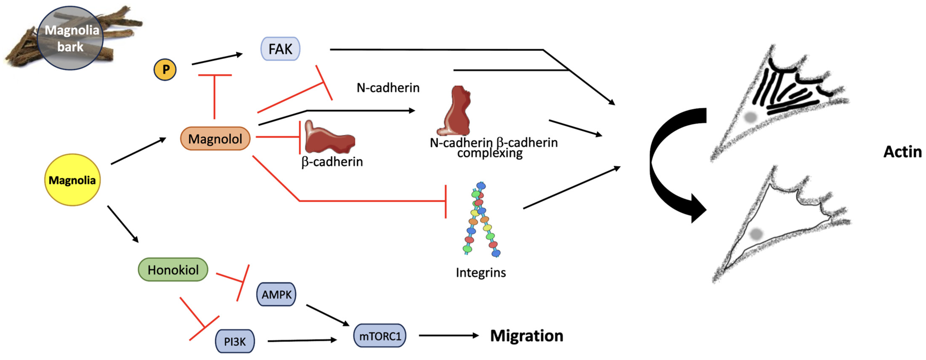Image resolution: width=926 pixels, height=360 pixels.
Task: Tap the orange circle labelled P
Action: [165, 70]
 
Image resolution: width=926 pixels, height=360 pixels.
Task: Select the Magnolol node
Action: [215, 139]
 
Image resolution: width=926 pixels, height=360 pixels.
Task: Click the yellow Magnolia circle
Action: [72, 180]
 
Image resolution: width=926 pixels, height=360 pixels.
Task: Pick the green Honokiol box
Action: [173, 269]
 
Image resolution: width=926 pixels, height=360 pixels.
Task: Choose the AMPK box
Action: [276, 295]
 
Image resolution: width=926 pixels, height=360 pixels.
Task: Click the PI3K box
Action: [235, 341]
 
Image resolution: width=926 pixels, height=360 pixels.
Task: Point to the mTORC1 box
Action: [380, 336]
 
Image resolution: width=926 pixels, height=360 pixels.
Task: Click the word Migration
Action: [527, 336]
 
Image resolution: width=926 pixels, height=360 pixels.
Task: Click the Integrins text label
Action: [481, 273]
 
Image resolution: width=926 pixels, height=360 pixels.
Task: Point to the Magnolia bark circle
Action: [71, 38]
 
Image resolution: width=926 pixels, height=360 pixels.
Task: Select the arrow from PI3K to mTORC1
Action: [302, 340]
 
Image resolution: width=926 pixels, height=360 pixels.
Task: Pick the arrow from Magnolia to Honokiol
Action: [123, 224]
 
